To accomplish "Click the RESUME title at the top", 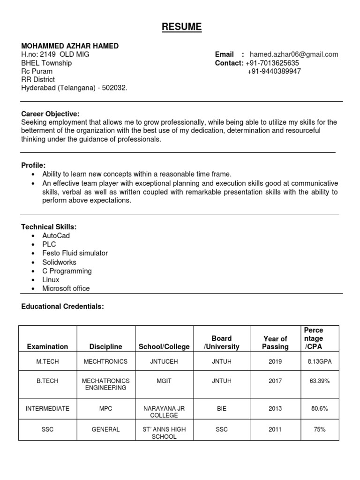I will pos(182,27).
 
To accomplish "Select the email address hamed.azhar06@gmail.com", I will pos(294,54).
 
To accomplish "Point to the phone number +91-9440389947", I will pos(274,71).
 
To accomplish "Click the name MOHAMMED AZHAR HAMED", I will pos(70,46).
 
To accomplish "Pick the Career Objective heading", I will pos(51,114).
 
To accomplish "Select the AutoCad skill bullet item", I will pos(56,236).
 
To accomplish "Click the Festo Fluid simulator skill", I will pos(75,253).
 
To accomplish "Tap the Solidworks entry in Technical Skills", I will pos(59,262).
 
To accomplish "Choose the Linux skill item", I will pos(51,280).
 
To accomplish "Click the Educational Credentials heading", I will pos(62,307).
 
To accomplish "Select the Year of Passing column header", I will pos(275,343).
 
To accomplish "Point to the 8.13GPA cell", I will pos(319,362).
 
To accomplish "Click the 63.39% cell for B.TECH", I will pos(319,381).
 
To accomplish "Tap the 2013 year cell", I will pos(275,409).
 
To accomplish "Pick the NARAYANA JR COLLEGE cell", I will pos(164,412).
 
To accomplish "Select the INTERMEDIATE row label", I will pos(47,409).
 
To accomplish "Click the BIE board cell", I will pos(222,409).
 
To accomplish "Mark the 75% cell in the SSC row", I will pos(319,429).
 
